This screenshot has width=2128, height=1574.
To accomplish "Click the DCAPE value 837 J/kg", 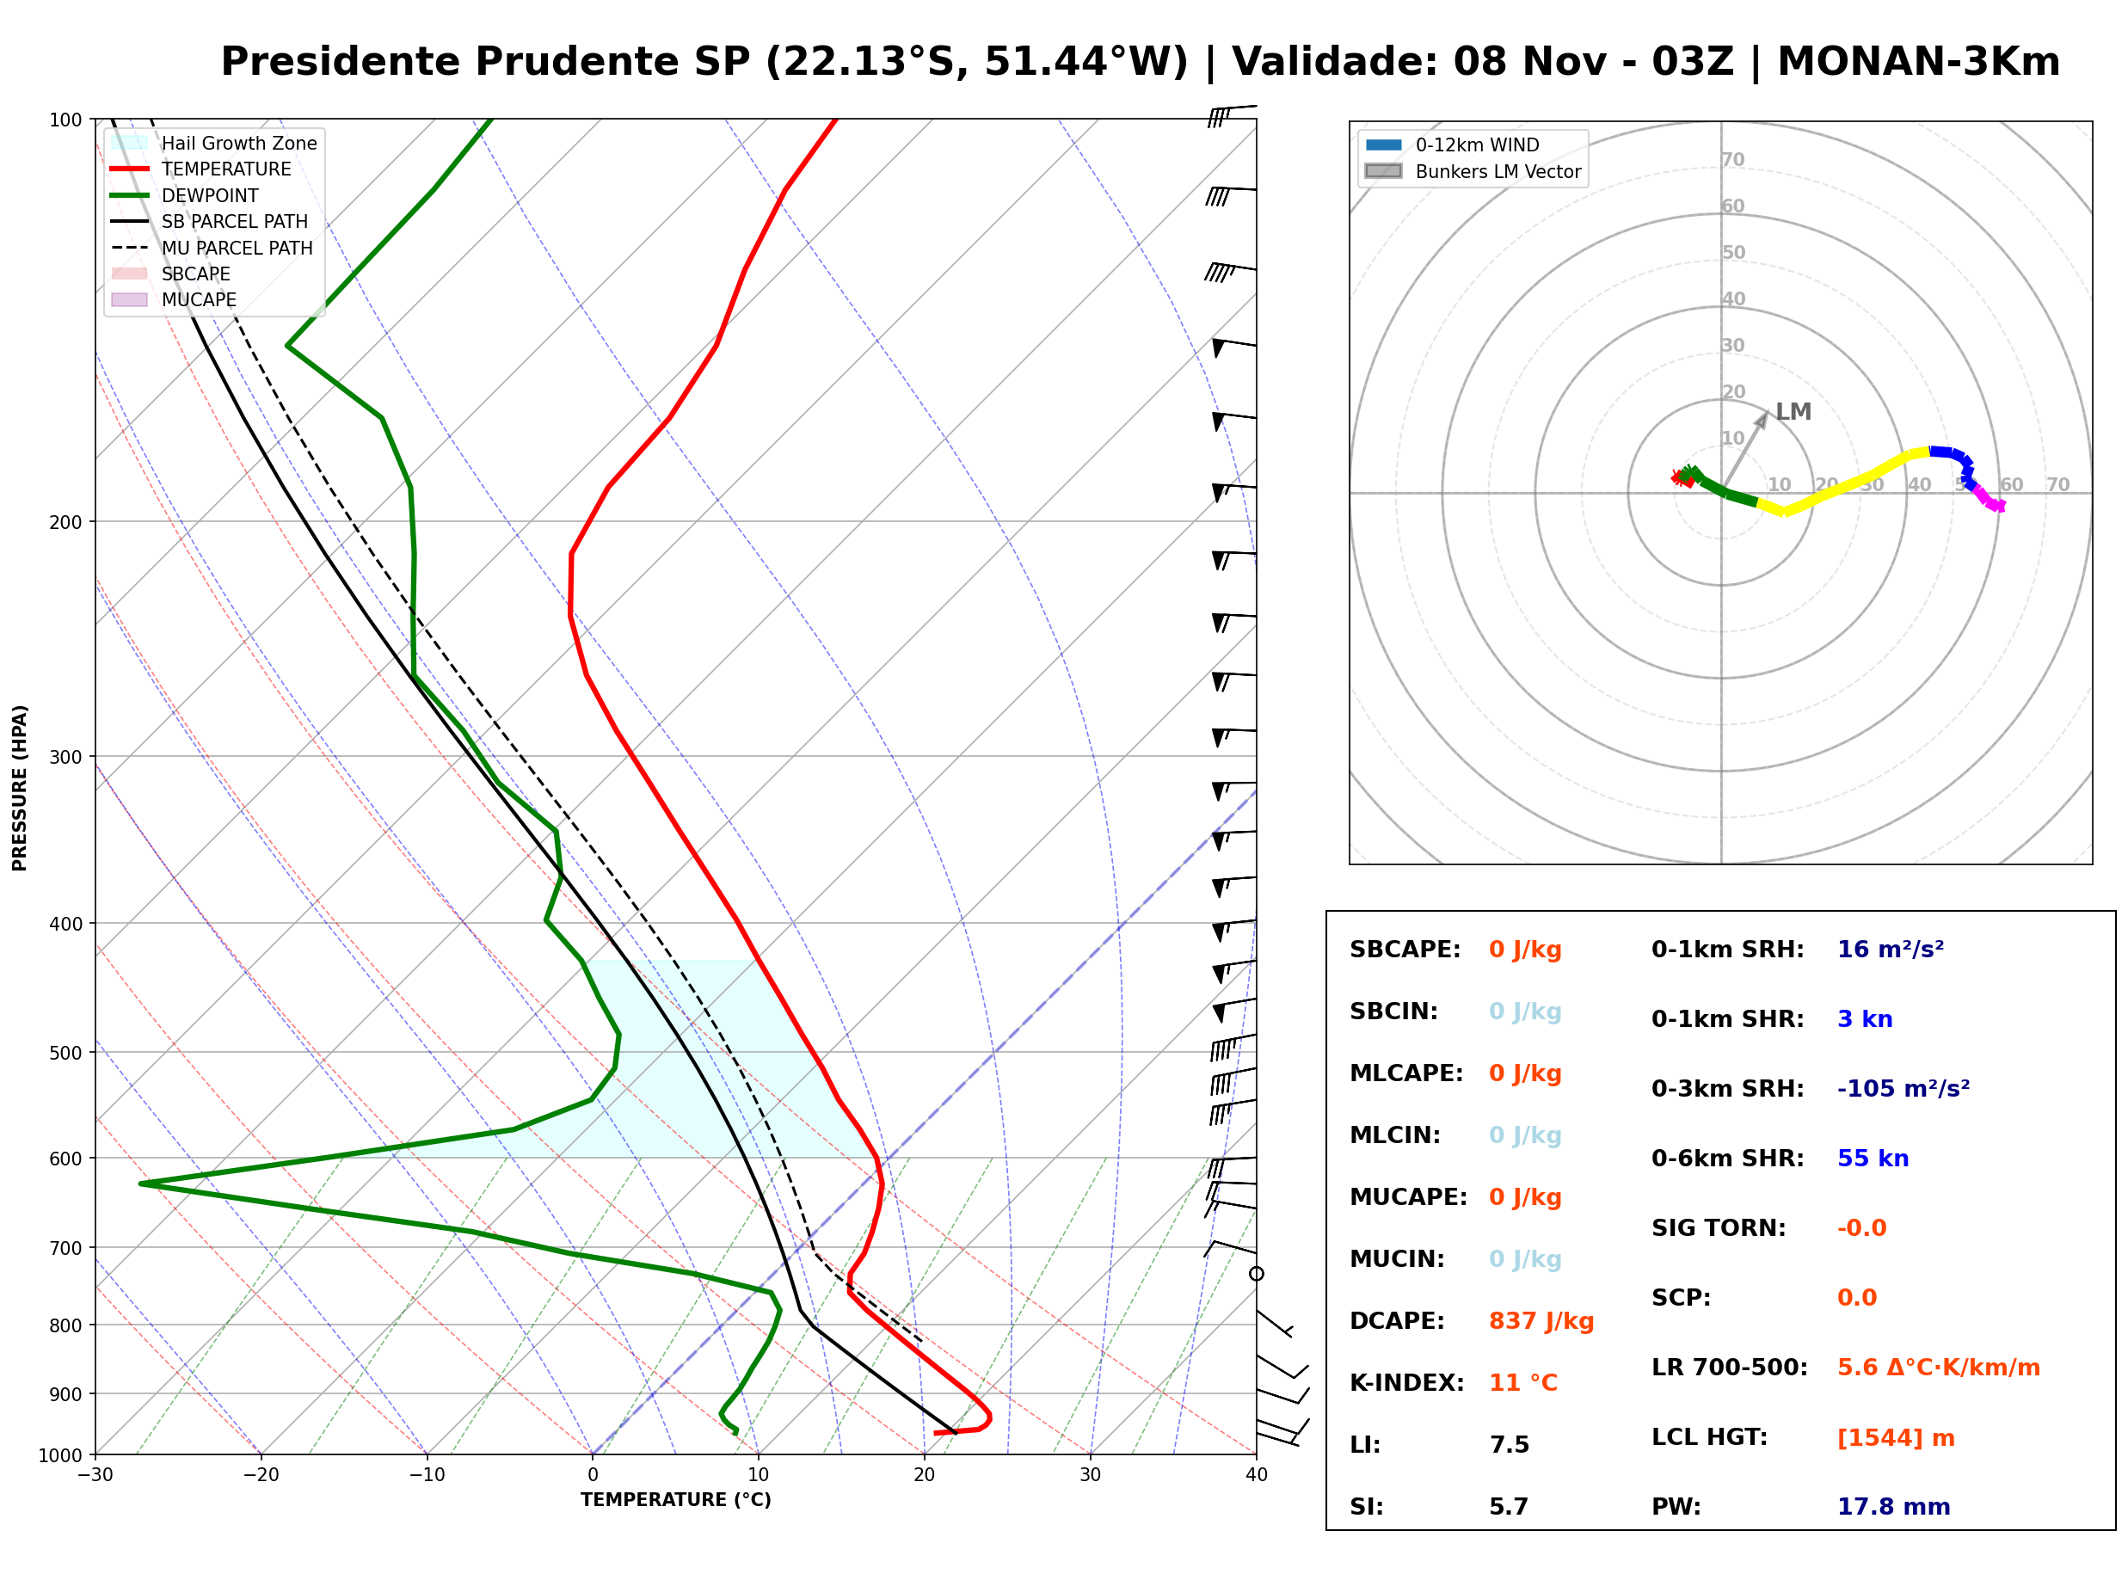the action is pos(1541,1320).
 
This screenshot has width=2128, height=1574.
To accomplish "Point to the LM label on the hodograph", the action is pos(1793,412).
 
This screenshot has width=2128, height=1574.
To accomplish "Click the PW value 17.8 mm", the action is pos(1892,1506).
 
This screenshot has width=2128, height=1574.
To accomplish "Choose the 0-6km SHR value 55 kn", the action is pos(1873,1158).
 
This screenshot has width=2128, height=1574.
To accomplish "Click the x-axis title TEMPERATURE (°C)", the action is pos(675,1500).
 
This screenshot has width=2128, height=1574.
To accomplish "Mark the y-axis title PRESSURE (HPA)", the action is pos(20,788).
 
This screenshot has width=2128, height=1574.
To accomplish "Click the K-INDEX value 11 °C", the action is pos(1523,1382).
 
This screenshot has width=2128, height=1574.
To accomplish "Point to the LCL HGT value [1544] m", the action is pos(1896,1438).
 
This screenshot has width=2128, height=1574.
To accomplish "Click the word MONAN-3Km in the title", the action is pos(1918,62).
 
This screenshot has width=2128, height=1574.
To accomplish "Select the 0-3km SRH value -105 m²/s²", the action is pos(1904,1088).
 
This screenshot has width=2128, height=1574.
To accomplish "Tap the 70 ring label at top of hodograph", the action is pos(1732,159).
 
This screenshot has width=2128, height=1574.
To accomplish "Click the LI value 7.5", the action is pos(1509,1444).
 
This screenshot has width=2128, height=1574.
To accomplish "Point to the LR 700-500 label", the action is pos(1729,1368).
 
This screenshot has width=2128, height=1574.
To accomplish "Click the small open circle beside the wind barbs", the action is pos(1257,1274).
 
